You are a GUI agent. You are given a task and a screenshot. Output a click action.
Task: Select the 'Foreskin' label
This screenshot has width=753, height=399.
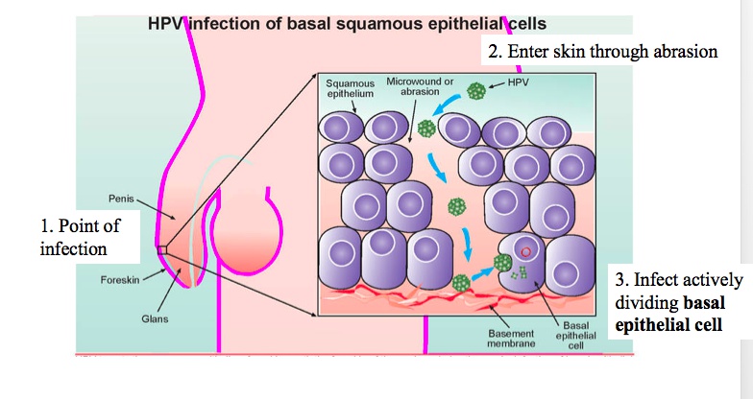pyautogui.click(x=121, y=280)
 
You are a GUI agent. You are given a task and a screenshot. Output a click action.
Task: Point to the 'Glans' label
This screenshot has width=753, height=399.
pyautogui.click(x=155, y=317)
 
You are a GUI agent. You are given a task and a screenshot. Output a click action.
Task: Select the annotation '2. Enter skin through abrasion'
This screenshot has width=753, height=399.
pyautogui.click(x=603, y=52)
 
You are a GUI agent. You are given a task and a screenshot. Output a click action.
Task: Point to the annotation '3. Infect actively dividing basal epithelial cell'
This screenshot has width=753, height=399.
pyautogui.click(x=678, y=302)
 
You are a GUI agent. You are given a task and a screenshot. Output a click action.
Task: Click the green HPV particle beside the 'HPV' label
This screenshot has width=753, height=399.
pyautogui.click(x=475, y=91)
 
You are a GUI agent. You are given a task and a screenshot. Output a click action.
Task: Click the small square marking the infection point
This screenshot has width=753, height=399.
pyautogui.click(x=161, y=250)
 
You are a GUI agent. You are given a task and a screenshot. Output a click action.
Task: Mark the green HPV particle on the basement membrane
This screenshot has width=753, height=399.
pyautogui.click(x=462, y=283)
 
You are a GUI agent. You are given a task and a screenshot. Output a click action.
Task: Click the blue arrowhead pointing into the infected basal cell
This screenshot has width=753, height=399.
pyautogui.click(x=491, y=269)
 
